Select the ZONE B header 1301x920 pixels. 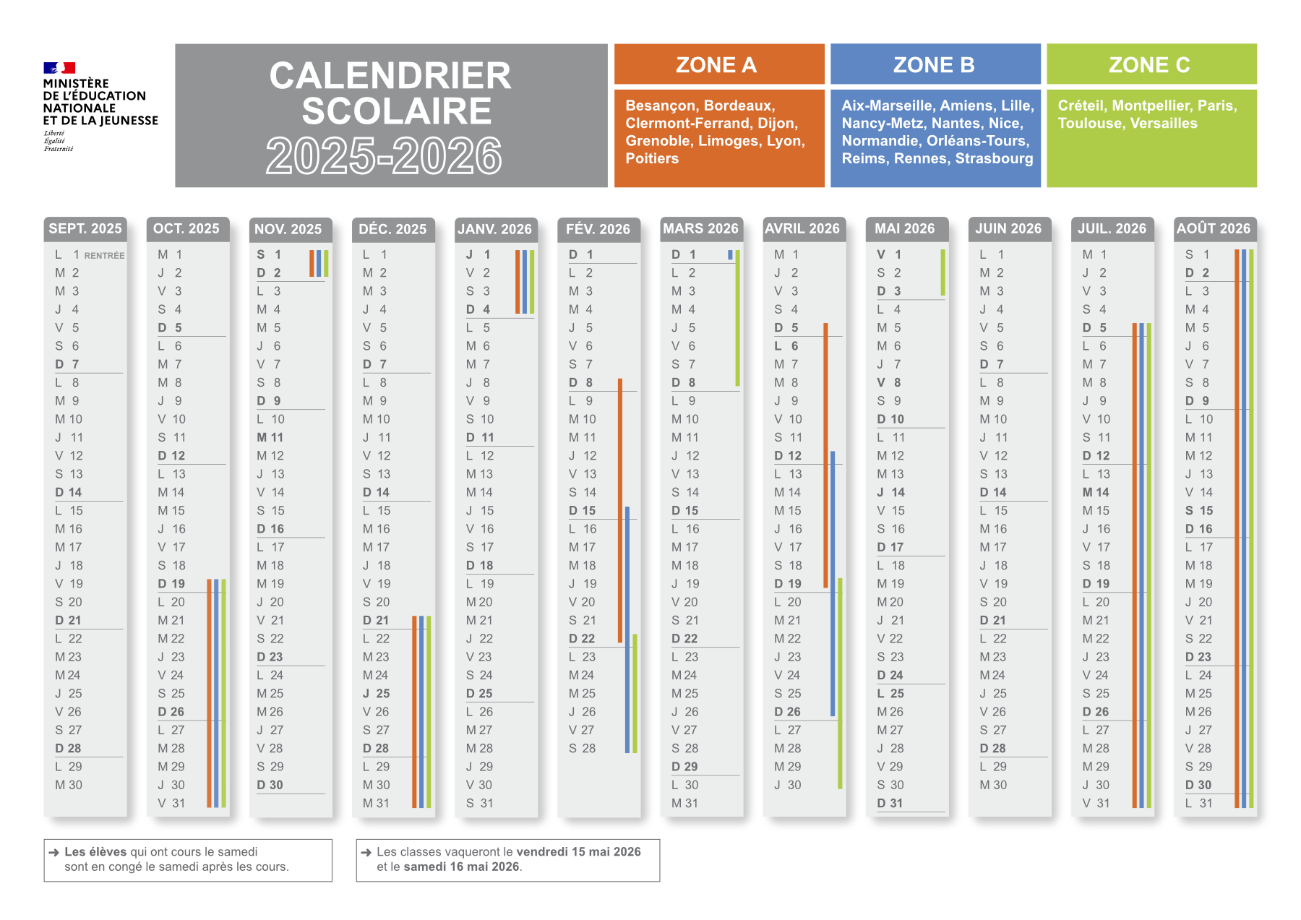coord(935,65)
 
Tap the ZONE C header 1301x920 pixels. coord(1151,65)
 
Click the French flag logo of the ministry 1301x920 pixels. coord(59,68)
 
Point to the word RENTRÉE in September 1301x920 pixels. coord(104,256)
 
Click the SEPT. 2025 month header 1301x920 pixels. coord(85,229)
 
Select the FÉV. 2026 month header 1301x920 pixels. coord(598,229)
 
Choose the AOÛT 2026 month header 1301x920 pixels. coord(1214,229)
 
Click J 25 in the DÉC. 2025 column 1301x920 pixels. coord(377,694)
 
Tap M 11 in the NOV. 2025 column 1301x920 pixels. coord(270,438)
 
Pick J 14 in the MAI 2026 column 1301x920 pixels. coord(890,492)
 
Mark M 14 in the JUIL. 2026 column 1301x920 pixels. coord(1096,492)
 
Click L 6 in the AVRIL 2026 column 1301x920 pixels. coord(786,346)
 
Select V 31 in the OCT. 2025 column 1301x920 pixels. coord(172,804)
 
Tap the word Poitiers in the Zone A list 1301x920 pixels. coord(652,159)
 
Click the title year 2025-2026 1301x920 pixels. coord(384,155)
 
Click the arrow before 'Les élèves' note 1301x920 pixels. coord(54,853)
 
